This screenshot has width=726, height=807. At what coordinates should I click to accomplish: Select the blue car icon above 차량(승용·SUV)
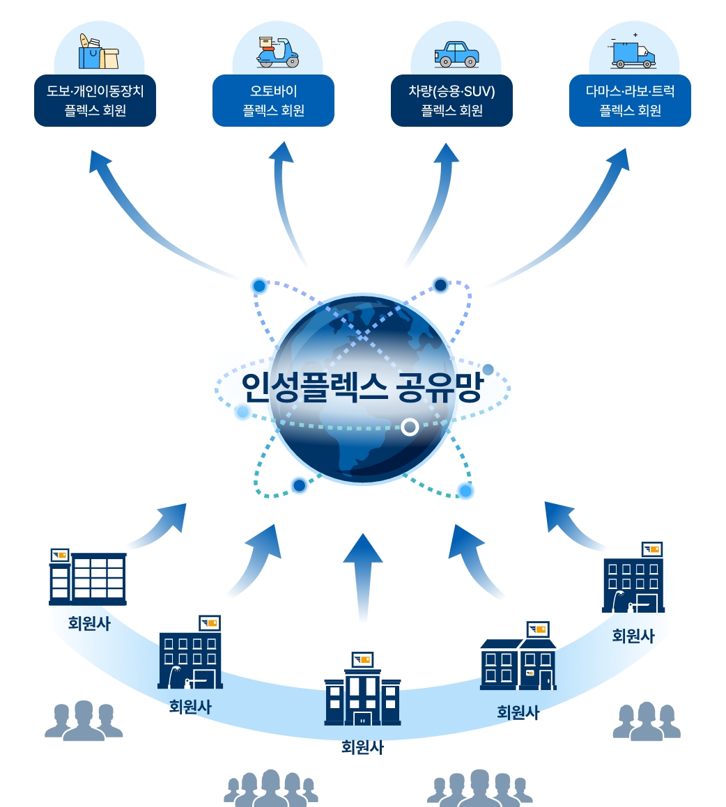(x=456, y=54)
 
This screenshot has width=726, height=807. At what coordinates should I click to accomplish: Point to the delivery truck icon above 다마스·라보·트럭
(x=633, y=54)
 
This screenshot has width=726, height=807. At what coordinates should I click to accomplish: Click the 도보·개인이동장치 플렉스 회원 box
(x=95, y=101)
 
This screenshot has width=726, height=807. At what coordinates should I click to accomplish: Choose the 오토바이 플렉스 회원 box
(x=273, y=101)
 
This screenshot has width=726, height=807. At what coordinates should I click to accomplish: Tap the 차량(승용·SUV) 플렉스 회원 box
(x=451, y=101)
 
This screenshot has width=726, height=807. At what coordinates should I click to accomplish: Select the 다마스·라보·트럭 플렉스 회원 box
(x=630, y=101)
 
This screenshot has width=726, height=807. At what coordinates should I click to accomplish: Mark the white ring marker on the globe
(x=410, y=427)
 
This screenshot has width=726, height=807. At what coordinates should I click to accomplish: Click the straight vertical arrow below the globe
(x=362, y=571)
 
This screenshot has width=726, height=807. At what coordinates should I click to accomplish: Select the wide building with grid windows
(x=88, y=578)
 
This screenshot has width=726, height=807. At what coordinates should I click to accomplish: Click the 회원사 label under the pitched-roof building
(x=518, y=712)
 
